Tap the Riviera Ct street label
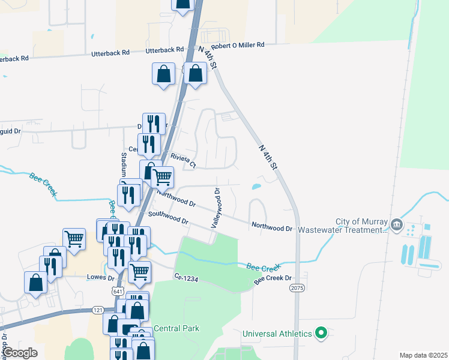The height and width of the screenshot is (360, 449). coord(184,160)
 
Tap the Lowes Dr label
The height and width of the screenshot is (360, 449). coord(100,278)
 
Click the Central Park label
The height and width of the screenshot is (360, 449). coord(176,328)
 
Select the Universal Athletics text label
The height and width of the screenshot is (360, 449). coord(277,334)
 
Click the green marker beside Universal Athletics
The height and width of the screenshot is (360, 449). coord(321,333)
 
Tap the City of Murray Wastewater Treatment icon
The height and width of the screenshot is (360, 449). coord(396,225)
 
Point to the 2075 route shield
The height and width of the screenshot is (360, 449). coord(297,289)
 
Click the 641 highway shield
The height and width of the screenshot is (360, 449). coord(117,290)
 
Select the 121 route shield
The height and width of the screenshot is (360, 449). coord(82,310)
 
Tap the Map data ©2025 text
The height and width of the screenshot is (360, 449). coord(423,355)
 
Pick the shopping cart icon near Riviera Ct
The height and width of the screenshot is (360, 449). coord(162,176)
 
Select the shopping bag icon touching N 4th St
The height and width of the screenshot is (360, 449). coord(196,74)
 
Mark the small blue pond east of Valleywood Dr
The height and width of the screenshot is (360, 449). coord(256,187)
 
